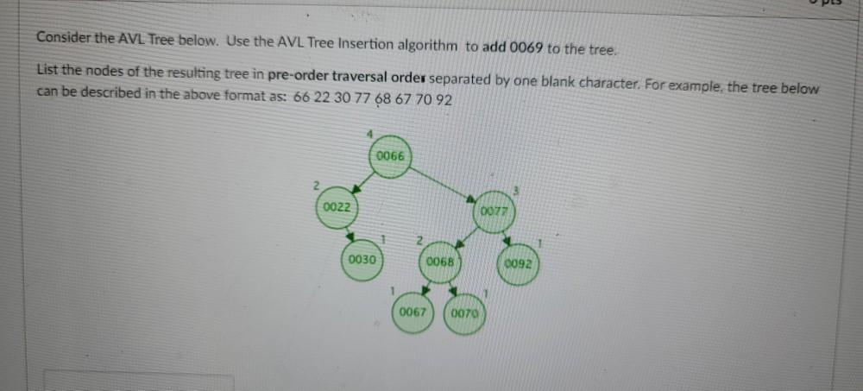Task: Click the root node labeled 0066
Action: coord(390,157)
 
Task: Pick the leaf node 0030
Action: coord(362,260)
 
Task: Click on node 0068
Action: coord(441,262)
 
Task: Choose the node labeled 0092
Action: coord(519,263)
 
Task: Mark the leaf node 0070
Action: coord(465,313)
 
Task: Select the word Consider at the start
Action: coord(63,40)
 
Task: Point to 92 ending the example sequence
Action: coord(444,98)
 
